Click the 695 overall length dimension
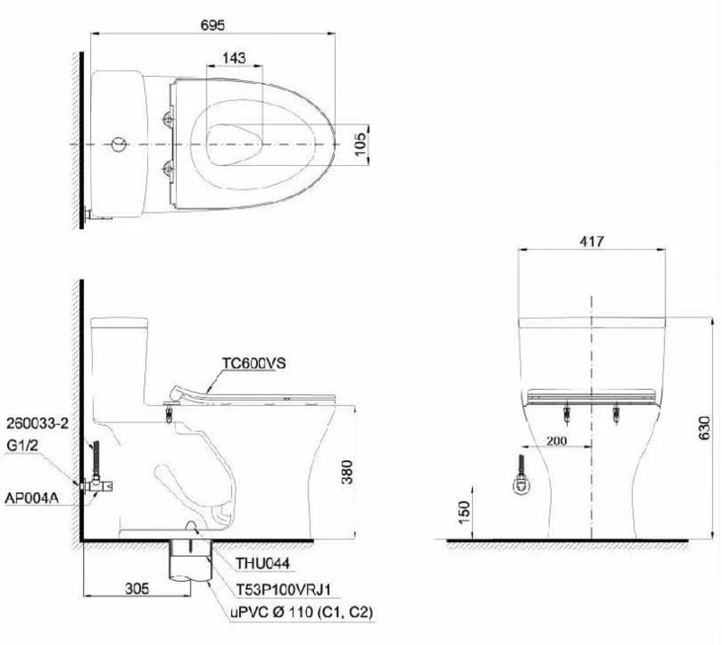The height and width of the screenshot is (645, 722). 213,25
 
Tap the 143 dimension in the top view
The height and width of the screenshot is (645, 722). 234,58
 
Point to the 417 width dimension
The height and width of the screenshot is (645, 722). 592,242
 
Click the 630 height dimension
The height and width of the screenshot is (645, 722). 704,428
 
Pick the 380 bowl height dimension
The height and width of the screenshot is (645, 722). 347,472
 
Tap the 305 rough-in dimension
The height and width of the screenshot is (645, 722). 137,588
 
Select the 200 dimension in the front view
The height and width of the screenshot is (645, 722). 556,441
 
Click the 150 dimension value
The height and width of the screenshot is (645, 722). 464,512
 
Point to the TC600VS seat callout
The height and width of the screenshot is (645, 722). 254,363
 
